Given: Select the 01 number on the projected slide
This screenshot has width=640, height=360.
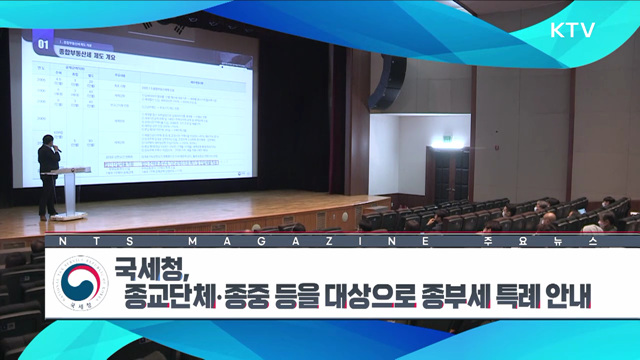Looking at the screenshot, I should [42, 44].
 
